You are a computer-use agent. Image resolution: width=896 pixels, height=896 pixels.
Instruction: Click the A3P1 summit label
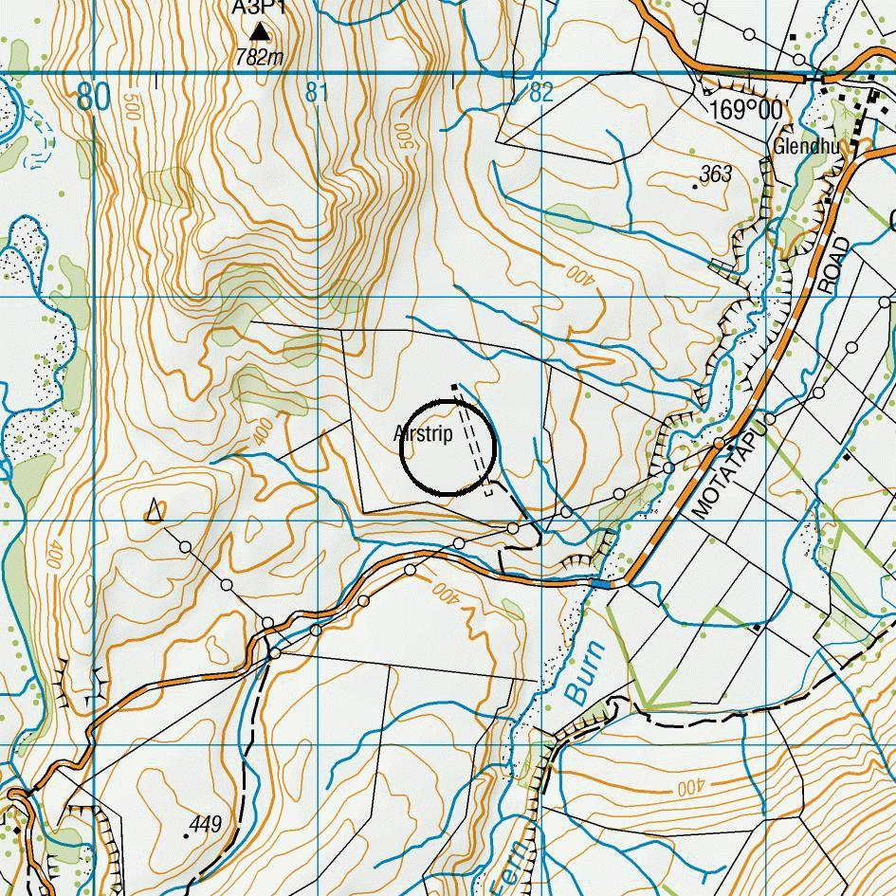(x=259, y=9)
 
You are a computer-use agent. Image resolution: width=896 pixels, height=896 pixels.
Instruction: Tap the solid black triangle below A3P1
(x=260, y=35)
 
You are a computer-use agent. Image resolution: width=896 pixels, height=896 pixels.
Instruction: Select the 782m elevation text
(x=260, y=57)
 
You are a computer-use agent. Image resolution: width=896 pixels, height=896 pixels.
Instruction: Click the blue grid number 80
(x=94, y=96)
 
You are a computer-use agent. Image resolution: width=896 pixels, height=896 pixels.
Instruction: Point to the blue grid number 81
(x=317, y=93)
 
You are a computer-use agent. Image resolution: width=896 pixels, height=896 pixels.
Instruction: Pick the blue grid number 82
(x=540, y=93)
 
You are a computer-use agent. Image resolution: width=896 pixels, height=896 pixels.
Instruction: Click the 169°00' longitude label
(x=747, y=111)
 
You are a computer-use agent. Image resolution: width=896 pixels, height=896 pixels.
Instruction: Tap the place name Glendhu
(x=806, y=147)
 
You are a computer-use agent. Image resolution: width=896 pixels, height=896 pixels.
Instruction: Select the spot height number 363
(x=716, y=174)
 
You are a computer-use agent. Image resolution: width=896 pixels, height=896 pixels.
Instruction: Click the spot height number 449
(x=205, y=824)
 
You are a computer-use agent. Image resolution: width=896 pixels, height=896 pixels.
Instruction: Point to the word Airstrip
(x=423, y=433)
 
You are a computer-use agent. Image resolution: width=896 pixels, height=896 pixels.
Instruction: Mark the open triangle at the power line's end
(x=154, y=511)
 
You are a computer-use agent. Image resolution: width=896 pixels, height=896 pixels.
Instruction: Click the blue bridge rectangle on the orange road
(x=599, y=583)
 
